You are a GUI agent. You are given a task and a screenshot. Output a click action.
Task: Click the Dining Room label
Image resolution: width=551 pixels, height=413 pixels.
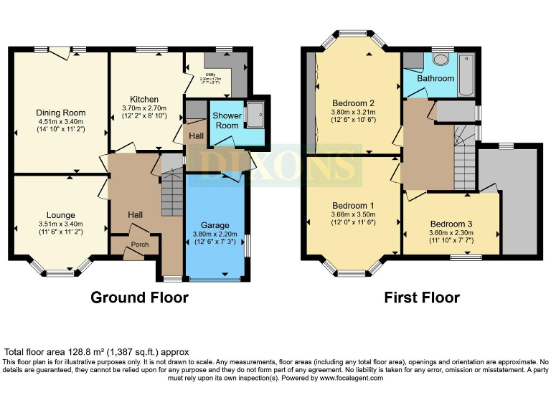(x=61, y=113)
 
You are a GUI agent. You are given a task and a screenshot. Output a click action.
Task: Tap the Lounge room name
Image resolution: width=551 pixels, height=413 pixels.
(x=61, y=215)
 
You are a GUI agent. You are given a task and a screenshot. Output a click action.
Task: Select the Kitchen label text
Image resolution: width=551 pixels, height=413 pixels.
(x=144, y=100)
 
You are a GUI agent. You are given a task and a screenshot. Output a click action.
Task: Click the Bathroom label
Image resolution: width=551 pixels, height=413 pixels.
(x=436, y=78)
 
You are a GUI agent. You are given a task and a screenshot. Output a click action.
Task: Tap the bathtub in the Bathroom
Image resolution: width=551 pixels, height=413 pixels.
(x=466, y=74)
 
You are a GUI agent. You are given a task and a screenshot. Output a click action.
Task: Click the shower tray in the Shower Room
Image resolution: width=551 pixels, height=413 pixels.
(x=254, y=114)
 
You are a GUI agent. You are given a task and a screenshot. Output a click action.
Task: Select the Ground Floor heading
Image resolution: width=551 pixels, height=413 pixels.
(x=139, y=298)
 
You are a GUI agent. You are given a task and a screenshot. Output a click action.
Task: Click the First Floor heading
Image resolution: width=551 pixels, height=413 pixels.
(x=421, y=298)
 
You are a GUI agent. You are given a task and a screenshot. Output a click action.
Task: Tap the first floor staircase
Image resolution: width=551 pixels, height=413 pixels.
(x=465, y=161)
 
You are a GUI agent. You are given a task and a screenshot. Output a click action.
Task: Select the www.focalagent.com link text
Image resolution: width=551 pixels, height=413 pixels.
(x=347, y=378)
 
